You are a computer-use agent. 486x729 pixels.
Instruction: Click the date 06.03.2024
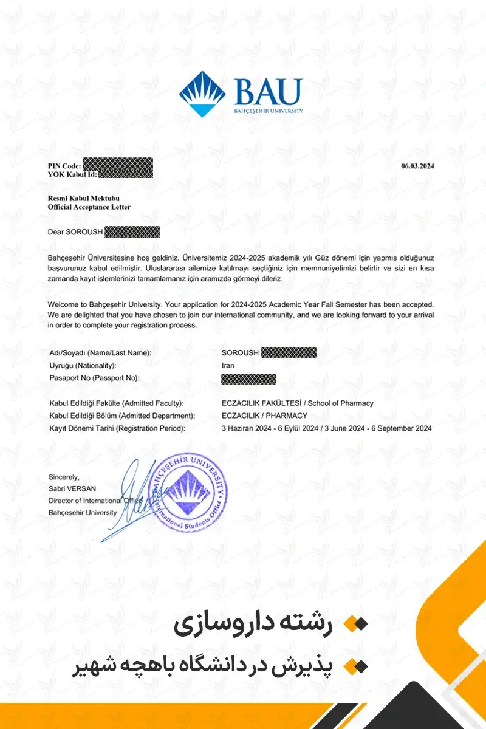[x=418, y=166]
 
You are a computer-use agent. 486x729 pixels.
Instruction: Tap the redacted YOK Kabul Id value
[x=125, y=174]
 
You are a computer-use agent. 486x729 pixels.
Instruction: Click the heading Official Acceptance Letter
[x=89, y=207]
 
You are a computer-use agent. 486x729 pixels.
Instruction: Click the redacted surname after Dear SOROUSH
[x=132, y=231]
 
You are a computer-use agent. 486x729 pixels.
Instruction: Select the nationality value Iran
[x=228, y=366]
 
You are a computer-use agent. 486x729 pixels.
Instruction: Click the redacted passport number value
[x=249, y=380]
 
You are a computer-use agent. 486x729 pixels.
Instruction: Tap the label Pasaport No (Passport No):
[x=94, y=378]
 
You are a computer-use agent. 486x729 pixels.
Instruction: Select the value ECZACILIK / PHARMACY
[x=265, y=416]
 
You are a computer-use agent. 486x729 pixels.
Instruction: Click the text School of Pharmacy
[x=341, y=403]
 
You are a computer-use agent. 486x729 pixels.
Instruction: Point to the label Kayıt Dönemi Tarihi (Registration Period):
[x=116, y=428]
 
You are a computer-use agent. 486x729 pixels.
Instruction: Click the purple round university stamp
[x=188, y=491]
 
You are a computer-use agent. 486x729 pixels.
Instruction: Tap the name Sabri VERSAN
[x=72, y=489]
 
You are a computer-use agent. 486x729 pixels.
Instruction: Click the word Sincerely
[x=64, y=477]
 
